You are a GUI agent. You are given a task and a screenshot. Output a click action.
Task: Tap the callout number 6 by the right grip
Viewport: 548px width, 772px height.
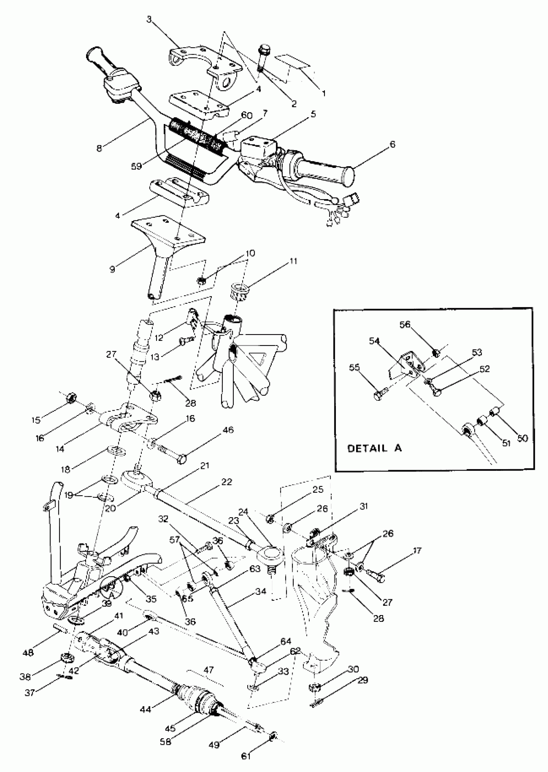392,144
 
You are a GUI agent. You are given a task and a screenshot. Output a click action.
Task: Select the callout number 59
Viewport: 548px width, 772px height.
137,166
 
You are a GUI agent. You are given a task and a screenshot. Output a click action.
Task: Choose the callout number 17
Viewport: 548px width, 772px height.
417,551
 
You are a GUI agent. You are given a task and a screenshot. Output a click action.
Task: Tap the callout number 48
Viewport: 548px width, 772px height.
28,652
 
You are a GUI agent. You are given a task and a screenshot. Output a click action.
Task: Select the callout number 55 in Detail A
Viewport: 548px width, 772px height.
354,367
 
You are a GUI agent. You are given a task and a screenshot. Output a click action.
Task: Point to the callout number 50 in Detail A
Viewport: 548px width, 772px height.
522,439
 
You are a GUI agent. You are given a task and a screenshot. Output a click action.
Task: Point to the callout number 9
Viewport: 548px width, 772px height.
113,269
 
